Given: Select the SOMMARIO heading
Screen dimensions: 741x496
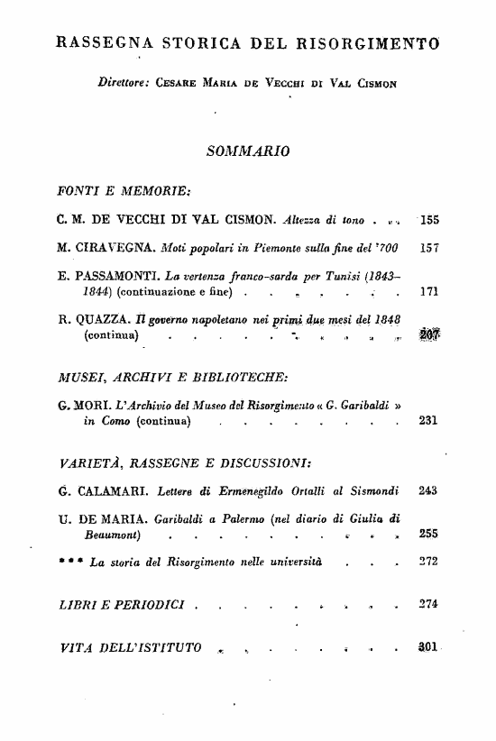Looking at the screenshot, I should [x=247, y=150].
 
